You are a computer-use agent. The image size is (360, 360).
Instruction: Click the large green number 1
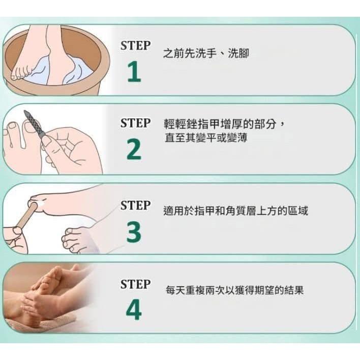click(134, 73)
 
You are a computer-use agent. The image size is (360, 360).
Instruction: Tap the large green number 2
click(134, 151)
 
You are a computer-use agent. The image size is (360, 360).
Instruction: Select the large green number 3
click(134, 232)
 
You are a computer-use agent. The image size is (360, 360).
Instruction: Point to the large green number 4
click(134, 310)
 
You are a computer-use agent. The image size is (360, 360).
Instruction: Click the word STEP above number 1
click(135, 45)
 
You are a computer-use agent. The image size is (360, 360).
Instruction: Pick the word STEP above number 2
click(135, 123)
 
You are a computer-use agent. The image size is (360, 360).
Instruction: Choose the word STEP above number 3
click(135, 205)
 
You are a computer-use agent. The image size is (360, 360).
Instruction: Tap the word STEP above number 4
click(135, 284)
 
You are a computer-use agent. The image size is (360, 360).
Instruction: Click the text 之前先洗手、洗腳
click(206, 53)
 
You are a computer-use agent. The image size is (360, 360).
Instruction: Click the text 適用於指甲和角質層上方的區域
click(235, 211)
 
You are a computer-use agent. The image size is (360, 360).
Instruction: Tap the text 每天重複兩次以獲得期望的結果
click(234, 291)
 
